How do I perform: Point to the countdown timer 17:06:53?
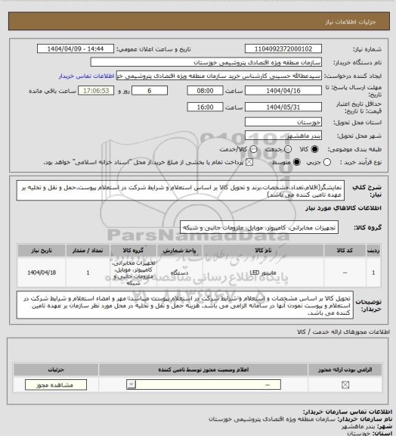[95, 90]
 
